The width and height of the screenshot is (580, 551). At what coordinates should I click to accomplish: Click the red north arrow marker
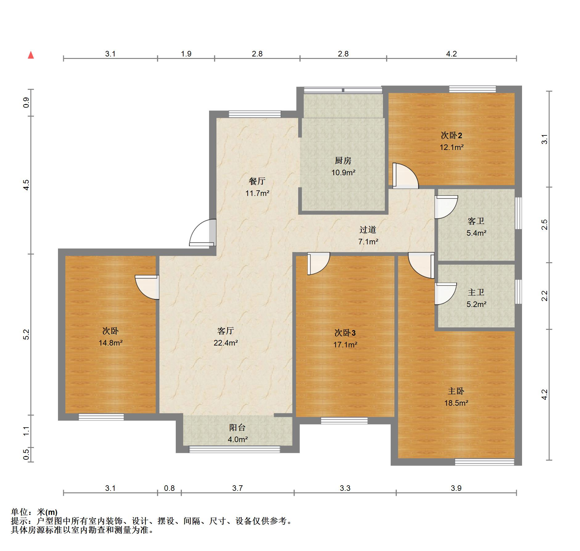[31, 55]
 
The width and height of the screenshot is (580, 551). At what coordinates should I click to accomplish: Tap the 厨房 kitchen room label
[343, 160]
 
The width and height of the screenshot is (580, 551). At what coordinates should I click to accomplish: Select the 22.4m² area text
[226, 342]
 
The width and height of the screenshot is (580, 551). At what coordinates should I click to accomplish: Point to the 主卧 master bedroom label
[456, 391]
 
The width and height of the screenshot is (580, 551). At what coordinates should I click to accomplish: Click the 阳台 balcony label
[237, 427]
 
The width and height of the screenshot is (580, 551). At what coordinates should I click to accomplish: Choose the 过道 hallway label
[368, 230]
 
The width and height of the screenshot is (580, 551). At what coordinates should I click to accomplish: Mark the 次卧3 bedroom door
[319, 263]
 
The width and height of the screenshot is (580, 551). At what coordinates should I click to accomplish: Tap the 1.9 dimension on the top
[186, 54]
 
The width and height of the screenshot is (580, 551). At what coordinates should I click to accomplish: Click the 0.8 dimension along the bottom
[169, 488]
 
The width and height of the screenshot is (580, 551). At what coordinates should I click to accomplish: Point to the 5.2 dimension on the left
[26, 334]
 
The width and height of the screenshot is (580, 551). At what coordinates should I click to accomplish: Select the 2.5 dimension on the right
[545, 224]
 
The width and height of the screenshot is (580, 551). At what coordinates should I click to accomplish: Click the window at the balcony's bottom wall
[234, 449]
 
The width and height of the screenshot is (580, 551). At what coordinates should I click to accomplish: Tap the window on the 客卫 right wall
[519, 213]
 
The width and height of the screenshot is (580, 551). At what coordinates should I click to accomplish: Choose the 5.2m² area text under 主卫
[476, 304]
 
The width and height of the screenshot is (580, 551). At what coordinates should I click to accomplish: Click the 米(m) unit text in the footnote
[47, 512]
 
